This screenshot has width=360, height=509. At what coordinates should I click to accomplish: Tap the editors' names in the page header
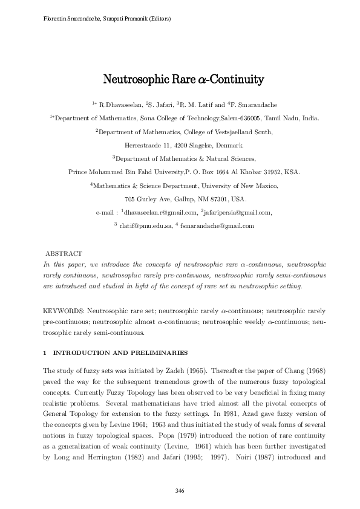tap(103, 19)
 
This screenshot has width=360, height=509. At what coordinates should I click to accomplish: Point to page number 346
tap(180, 490)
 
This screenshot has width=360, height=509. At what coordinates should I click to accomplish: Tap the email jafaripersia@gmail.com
tap(240, 212)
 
